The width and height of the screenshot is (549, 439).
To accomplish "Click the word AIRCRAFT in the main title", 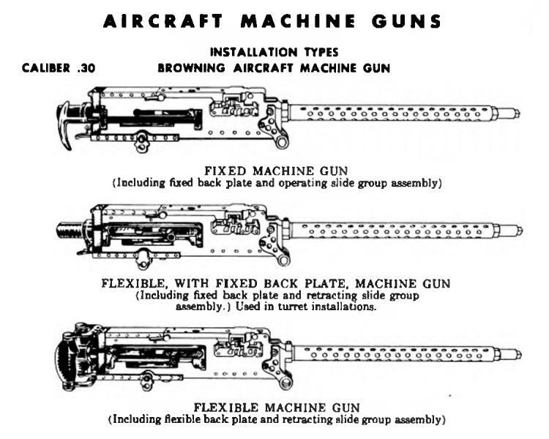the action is pyautogui.click(x=163, y=21).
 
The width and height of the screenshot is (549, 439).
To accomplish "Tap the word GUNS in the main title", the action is pyautogui.click(x=406, y=21).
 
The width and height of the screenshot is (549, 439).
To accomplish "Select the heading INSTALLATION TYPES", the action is pyautogui.click(x=274, y=53).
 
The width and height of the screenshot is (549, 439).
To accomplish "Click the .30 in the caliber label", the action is pyautogui.click(x=86, y=68).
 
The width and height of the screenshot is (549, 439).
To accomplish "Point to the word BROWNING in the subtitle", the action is pyautogui.click(x=192, y=68).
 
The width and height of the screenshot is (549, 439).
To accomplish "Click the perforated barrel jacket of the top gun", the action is pyautogui.click(x=392, y=113).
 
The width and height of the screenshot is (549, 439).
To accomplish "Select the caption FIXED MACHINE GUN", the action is pyautogui.click(x=276, y=170).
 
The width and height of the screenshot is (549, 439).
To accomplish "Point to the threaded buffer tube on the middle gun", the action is pyautogui.click(x=70, y=230).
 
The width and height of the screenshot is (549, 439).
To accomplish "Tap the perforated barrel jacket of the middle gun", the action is pyautogui.click(x=394, y=230).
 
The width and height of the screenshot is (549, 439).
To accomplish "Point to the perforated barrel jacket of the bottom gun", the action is pyautogui.click(x=395, y=354).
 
